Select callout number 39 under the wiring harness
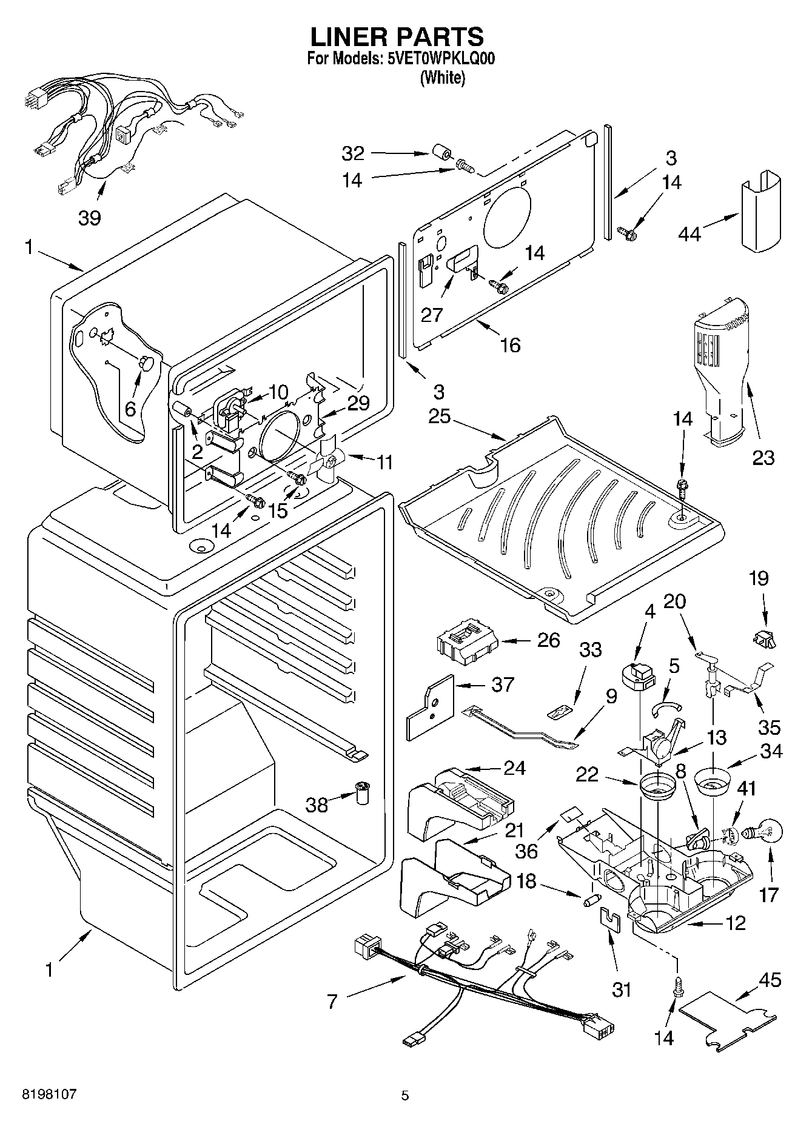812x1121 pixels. (90, 217)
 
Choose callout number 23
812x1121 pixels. (763, 457)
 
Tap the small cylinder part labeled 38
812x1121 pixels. (363, 793)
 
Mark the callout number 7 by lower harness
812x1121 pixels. (332, 1001)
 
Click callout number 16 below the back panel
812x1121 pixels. (510, 344)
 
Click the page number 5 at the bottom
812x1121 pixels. (405, 1096)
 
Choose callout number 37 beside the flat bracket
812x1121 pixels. (503, 685)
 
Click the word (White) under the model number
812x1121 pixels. (442, 78)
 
